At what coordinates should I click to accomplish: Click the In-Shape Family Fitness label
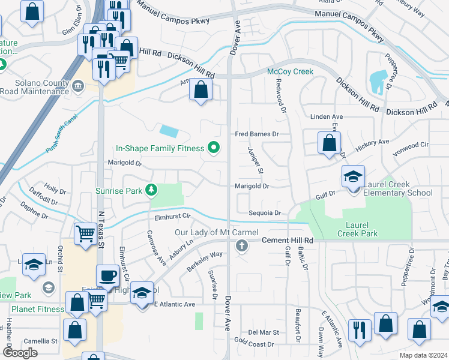160,148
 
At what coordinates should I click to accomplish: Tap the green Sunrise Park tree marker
152,191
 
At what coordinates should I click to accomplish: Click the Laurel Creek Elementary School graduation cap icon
353,177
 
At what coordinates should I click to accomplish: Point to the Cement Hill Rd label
288,240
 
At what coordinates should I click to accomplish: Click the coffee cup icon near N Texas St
107,276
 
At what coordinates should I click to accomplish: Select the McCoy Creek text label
291,72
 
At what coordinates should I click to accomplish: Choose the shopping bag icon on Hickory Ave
328,144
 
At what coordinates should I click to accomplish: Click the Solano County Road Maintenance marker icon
77,86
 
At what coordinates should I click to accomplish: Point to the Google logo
20,352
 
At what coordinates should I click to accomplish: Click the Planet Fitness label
37,309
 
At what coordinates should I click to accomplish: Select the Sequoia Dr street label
265,213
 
